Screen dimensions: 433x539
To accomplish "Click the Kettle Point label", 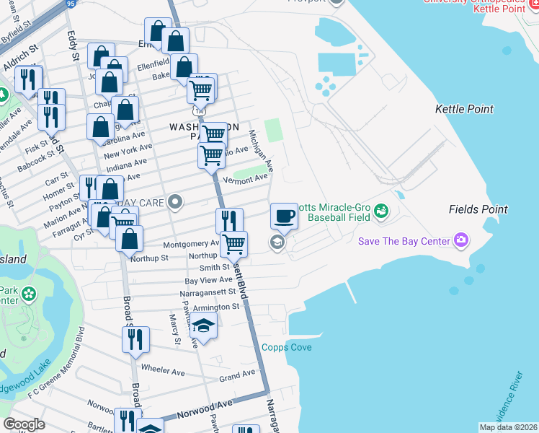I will [464, 109].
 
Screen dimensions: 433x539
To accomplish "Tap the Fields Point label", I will [473, 209].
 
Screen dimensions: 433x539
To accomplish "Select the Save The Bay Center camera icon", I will [461, 240].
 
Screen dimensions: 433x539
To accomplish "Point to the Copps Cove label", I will [286, 348].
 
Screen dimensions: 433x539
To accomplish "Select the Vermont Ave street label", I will [245, 179].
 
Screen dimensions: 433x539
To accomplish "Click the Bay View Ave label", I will [208, 280].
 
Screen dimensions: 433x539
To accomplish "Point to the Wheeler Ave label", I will [164, 370].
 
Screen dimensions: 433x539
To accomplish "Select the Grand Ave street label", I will [237, 375].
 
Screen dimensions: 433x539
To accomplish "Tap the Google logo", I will [24, 424].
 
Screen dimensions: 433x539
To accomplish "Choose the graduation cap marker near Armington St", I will [204, 325].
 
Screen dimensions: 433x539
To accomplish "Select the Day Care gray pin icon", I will [174, 201].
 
